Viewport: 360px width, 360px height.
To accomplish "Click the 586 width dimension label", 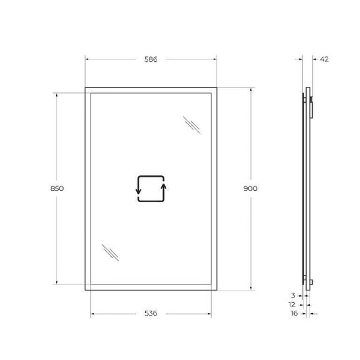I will click(x=151, y=59).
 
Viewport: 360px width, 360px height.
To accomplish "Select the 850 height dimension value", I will click(x=57, y=188).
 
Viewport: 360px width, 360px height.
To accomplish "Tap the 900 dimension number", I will click(x=250, y=188).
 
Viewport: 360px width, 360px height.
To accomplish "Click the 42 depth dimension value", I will click(x=324, y=59).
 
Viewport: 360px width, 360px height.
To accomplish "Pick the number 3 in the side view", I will click(x=292, y=295).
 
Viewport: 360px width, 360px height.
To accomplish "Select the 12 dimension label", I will click(x=291, y=304).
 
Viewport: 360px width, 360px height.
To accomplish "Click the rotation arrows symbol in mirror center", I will click(x=151, y=189).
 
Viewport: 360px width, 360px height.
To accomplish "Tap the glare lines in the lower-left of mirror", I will click(x=110, y=253).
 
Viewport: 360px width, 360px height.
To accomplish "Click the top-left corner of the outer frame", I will click(x=85, y=88).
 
